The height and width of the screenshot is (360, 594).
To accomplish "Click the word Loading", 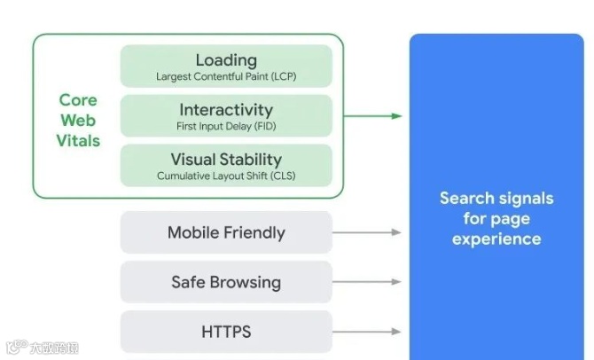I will point(226,59).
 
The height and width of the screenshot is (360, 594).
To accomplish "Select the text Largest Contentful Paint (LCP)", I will point(226,76).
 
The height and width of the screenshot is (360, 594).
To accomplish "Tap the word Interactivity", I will point(226,110).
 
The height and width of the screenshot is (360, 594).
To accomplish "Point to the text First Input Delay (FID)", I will point(226,127).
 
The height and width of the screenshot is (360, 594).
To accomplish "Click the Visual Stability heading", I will point(226,160).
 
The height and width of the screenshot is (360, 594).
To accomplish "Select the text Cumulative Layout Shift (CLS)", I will point(226,176).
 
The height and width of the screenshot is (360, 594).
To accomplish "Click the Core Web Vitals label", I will point(78,121).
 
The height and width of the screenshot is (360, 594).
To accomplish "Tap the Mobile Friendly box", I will point(226,233).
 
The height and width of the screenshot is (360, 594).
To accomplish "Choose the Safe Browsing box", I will point(226,283).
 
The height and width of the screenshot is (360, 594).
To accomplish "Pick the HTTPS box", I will point(226,333).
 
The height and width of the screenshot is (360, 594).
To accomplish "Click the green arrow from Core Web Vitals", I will point(372,115).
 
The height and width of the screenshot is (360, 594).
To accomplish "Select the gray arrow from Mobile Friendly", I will point(367,233).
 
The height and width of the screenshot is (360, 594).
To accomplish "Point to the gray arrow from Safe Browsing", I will point(367,283).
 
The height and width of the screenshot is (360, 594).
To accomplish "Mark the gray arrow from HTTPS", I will point(367,333).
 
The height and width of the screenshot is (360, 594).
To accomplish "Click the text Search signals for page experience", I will point(496,218).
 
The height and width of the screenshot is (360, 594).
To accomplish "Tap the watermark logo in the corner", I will point(39,348).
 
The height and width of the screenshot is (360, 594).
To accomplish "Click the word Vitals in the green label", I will point(78,141).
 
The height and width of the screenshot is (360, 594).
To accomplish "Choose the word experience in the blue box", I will point(496,239).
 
